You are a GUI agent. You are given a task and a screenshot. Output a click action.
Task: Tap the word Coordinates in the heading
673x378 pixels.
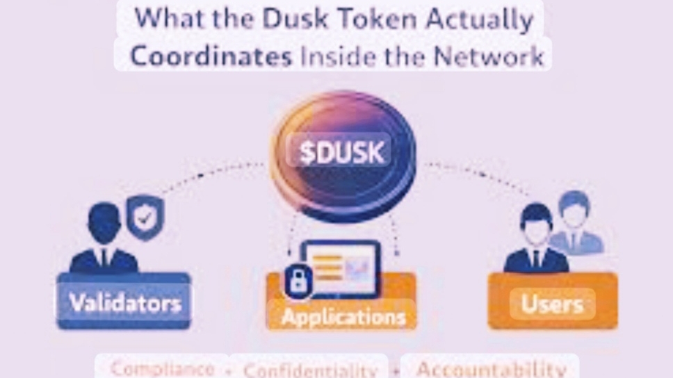(x=211, y=56)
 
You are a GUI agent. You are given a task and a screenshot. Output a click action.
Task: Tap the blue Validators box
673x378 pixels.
(x=124, y=302)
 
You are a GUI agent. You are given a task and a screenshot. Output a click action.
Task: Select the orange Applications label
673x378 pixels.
(x=343, y=318)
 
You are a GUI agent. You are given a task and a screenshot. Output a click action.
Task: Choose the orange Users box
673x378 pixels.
(x=553, y=302)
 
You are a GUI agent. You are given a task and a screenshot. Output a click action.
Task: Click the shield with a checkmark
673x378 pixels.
(x=145, y=217)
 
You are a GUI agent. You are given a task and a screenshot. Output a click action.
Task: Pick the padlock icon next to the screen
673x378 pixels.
(x=298, y=282)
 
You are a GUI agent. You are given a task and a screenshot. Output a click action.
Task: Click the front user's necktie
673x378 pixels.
(x=536, y=258)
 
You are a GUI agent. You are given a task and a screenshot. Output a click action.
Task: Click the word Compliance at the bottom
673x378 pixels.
(x=163, y=368)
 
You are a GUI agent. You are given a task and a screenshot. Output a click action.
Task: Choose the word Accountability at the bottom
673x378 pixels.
(x=491, y=368)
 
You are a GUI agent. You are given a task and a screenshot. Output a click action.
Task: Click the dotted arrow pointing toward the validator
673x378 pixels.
(x=209, y=177)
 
